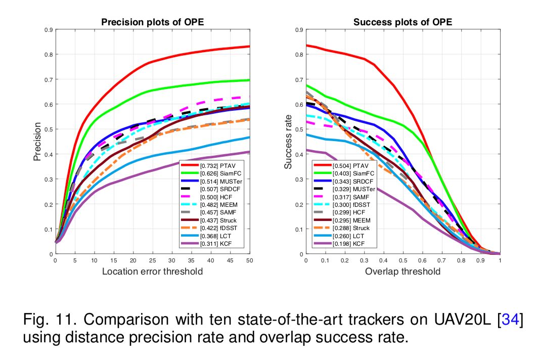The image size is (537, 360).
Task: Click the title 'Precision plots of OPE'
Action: [x=153, y=22]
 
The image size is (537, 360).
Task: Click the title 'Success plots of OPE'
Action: [x=402, y=22]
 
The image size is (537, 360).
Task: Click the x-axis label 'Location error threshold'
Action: [x=152, y=272]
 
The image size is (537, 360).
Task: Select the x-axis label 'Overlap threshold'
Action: [x=402, y=272]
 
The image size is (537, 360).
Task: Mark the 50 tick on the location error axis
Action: [x=249, y=261]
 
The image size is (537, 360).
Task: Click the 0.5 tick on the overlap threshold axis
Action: [x=402, y=261]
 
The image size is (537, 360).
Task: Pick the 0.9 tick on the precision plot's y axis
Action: [x=49, y=30]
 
